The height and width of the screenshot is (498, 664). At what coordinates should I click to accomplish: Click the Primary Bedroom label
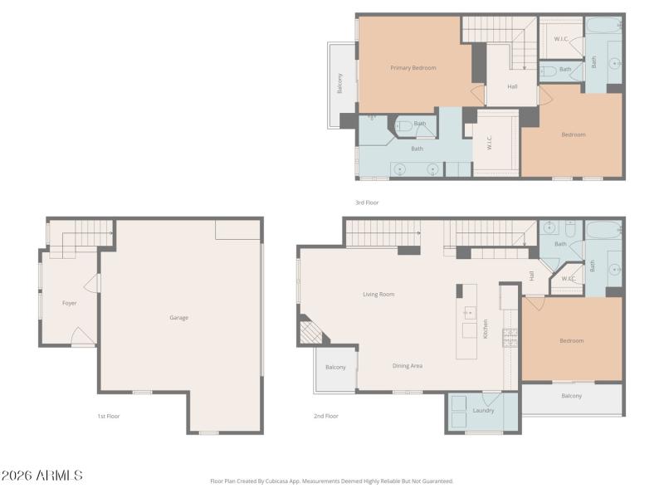pyautogui.click(x=413, y=68)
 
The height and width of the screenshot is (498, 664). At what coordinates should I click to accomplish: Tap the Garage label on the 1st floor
pyautogui.click(x=179, y=317)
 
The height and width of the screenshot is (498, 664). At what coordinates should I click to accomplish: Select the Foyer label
pyautogui.click(x=70, y=303)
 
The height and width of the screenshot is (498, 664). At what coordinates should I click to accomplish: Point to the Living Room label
pyautogui.click(x=378, y=294)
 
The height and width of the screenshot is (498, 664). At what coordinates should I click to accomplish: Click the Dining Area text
pyautogui.click(x=408, y=365)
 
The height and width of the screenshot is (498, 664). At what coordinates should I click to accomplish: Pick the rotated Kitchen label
pyautogui.click(x=486, y=329)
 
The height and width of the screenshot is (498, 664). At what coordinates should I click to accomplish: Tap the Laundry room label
pyautogui.click(x=483, y=410)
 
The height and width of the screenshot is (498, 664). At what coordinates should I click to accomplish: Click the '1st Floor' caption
pyautogui.click(x=108, y=416)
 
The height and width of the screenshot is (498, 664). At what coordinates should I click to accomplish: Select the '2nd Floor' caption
pyautogui.click(x=325, y=416)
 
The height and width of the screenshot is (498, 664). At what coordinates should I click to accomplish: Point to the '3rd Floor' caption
pyautogui.click(x=366, y=202)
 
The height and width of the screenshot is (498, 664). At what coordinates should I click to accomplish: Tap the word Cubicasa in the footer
pyautogui.click(x=281, y=481)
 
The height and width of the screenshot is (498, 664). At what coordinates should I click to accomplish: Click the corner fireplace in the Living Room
pyautogui.click(x=311, y=331)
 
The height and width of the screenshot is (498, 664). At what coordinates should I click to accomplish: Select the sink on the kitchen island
pyautogui.click(x=469, y=313)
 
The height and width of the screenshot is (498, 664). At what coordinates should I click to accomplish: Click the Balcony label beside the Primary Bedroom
pyautogui.click(x=339, y=84)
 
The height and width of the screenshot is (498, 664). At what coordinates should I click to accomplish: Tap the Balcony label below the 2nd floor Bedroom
pyautogui.click(x=571, y=396)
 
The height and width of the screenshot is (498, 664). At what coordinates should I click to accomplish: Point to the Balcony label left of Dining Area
pyautogui.click(x=335, y=367)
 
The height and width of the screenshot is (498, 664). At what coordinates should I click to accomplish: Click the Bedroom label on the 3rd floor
pyautogui.click(x=573, y=134)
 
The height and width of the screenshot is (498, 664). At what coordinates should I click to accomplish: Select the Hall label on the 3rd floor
pyautogui.click(x=512, y=86)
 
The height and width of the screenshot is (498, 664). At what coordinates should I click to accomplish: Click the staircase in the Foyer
pyautogui.click(x=79, y=240)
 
